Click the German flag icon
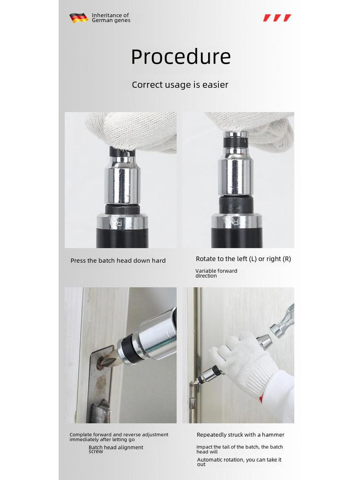pyautogui.click(x=78, y=18)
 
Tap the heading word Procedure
pyautogui.click(x=180, y=57)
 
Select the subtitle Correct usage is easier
pyautogui.click(x=180, y=85)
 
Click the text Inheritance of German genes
pyautogui.click(x=111, y=18)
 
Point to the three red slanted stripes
pyautogui.click(x=277, y=18)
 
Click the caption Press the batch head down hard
pyautogui.click(x=118, y=261)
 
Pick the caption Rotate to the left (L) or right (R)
pyautogui.click(x=243, y=259)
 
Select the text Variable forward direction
pyautogui.click(x=216, y=273)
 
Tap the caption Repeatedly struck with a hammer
pyautogui.click(x=240, y=435)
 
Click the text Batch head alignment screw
pyautogui.click(x=116, y=449)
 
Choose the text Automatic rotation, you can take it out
pyautogui.click(x=239, y=462)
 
